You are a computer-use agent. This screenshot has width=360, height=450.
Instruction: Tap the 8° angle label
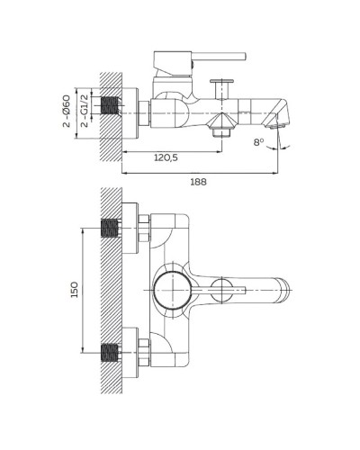(x=260, y=141)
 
